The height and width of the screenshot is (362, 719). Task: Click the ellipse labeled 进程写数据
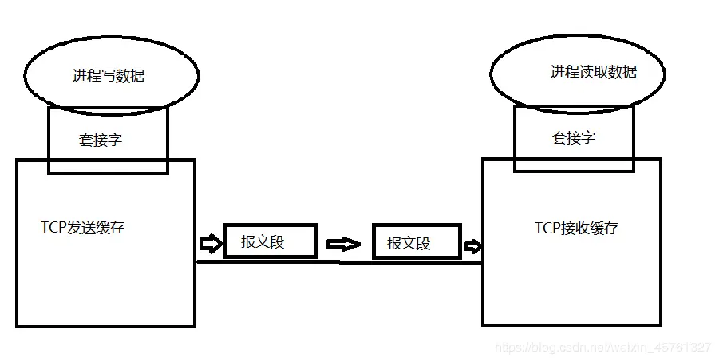111,76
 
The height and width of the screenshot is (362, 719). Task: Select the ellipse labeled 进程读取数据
576,72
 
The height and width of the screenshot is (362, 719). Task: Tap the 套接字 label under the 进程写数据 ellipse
101,141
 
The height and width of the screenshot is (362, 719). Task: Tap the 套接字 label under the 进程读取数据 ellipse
574,137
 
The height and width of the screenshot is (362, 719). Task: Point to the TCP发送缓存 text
83,227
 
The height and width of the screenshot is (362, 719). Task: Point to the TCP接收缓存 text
576,228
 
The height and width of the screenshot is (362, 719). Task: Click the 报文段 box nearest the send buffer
270,241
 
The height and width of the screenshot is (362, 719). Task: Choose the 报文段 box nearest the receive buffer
416,242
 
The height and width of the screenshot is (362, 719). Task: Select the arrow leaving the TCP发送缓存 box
208,242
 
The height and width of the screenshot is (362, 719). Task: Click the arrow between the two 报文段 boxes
344,244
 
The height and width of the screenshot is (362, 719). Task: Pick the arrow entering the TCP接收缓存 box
472,245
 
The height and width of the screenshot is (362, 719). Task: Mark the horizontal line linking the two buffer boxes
339,261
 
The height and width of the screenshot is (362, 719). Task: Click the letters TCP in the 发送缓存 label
53,227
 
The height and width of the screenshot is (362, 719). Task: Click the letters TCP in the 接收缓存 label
547,228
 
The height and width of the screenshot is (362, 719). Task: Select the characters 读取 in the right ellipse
594,72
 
